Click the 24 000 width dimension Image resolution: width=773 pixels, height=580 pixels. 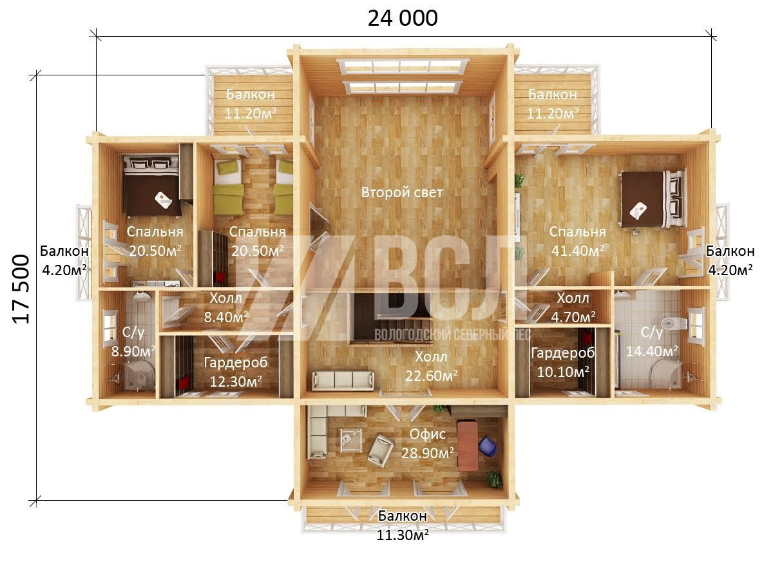click(x=403, y=18)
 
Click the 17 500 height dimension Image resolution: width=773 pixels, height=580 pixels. click(x=21, y=289)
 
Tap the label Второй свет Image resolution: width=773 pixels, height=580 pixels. click(x=402, y=193)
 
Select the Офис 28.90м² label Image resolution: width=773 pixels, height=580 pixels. click(x=428, y=443)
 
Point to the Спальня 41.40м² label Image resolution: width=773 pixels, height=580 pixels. click(x=578, y=241)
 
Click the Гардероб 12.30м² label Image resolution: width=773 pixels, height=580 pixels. click(x=236, y=372)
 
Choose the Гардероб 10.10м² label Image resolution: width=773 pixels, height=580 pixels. click(x=563, y=362)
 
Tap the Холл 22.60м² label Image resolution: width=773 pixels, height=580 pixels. click(x=432, y=366)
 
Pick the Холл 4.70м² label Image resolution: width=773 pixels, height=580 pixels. click(x=573, y=308)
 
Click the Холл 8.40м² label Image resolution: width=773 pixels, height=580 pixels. click(x=225, y=308)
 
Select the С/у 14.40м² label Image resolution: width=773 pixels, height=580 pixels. click(x=652, y=342)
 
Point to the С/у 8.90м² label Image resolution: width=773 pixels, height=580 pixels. click(x=133, y=342)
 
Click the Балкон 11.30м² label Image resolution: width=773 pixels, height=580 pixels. click(x=403, y=525)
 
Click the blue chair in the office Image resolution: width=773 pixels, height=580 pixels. click(x=488, y=446)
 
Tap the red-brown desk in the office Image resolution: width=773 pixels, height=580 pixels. click(x=468, y=446)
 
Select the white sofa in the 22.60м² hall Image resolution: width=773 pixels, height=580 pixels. click(x=343, y=380)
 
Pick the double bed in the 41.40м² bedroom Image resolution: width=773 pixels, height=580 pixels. click(x=654, y=199)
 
